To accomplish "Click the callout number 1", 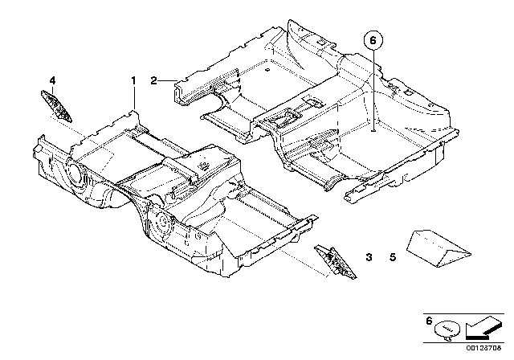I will [134, 80].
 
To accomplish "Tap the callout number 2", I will [152, 80].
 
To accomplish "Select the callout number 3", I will [369, 257].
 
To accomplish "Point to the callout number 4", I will [52, 80].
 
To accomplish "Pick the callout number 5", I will [393, 257].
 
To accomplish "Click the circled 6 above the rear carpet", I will [374, 38].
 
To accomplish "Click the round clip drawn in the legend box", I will [447, 328].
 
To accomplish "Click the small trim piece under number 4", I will [57, 104].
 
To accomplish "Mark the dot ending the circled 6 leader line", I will [374, 129].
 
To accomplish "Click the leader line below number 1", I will [134, 100].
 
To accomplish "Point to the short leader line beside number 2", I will [167, 80].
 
